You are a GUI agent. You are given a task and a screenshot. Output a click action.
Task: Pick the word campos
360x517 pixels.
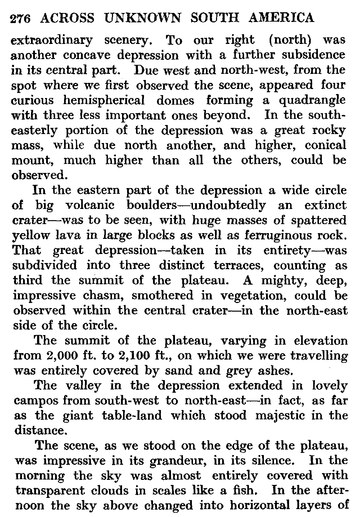(36, 401)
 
